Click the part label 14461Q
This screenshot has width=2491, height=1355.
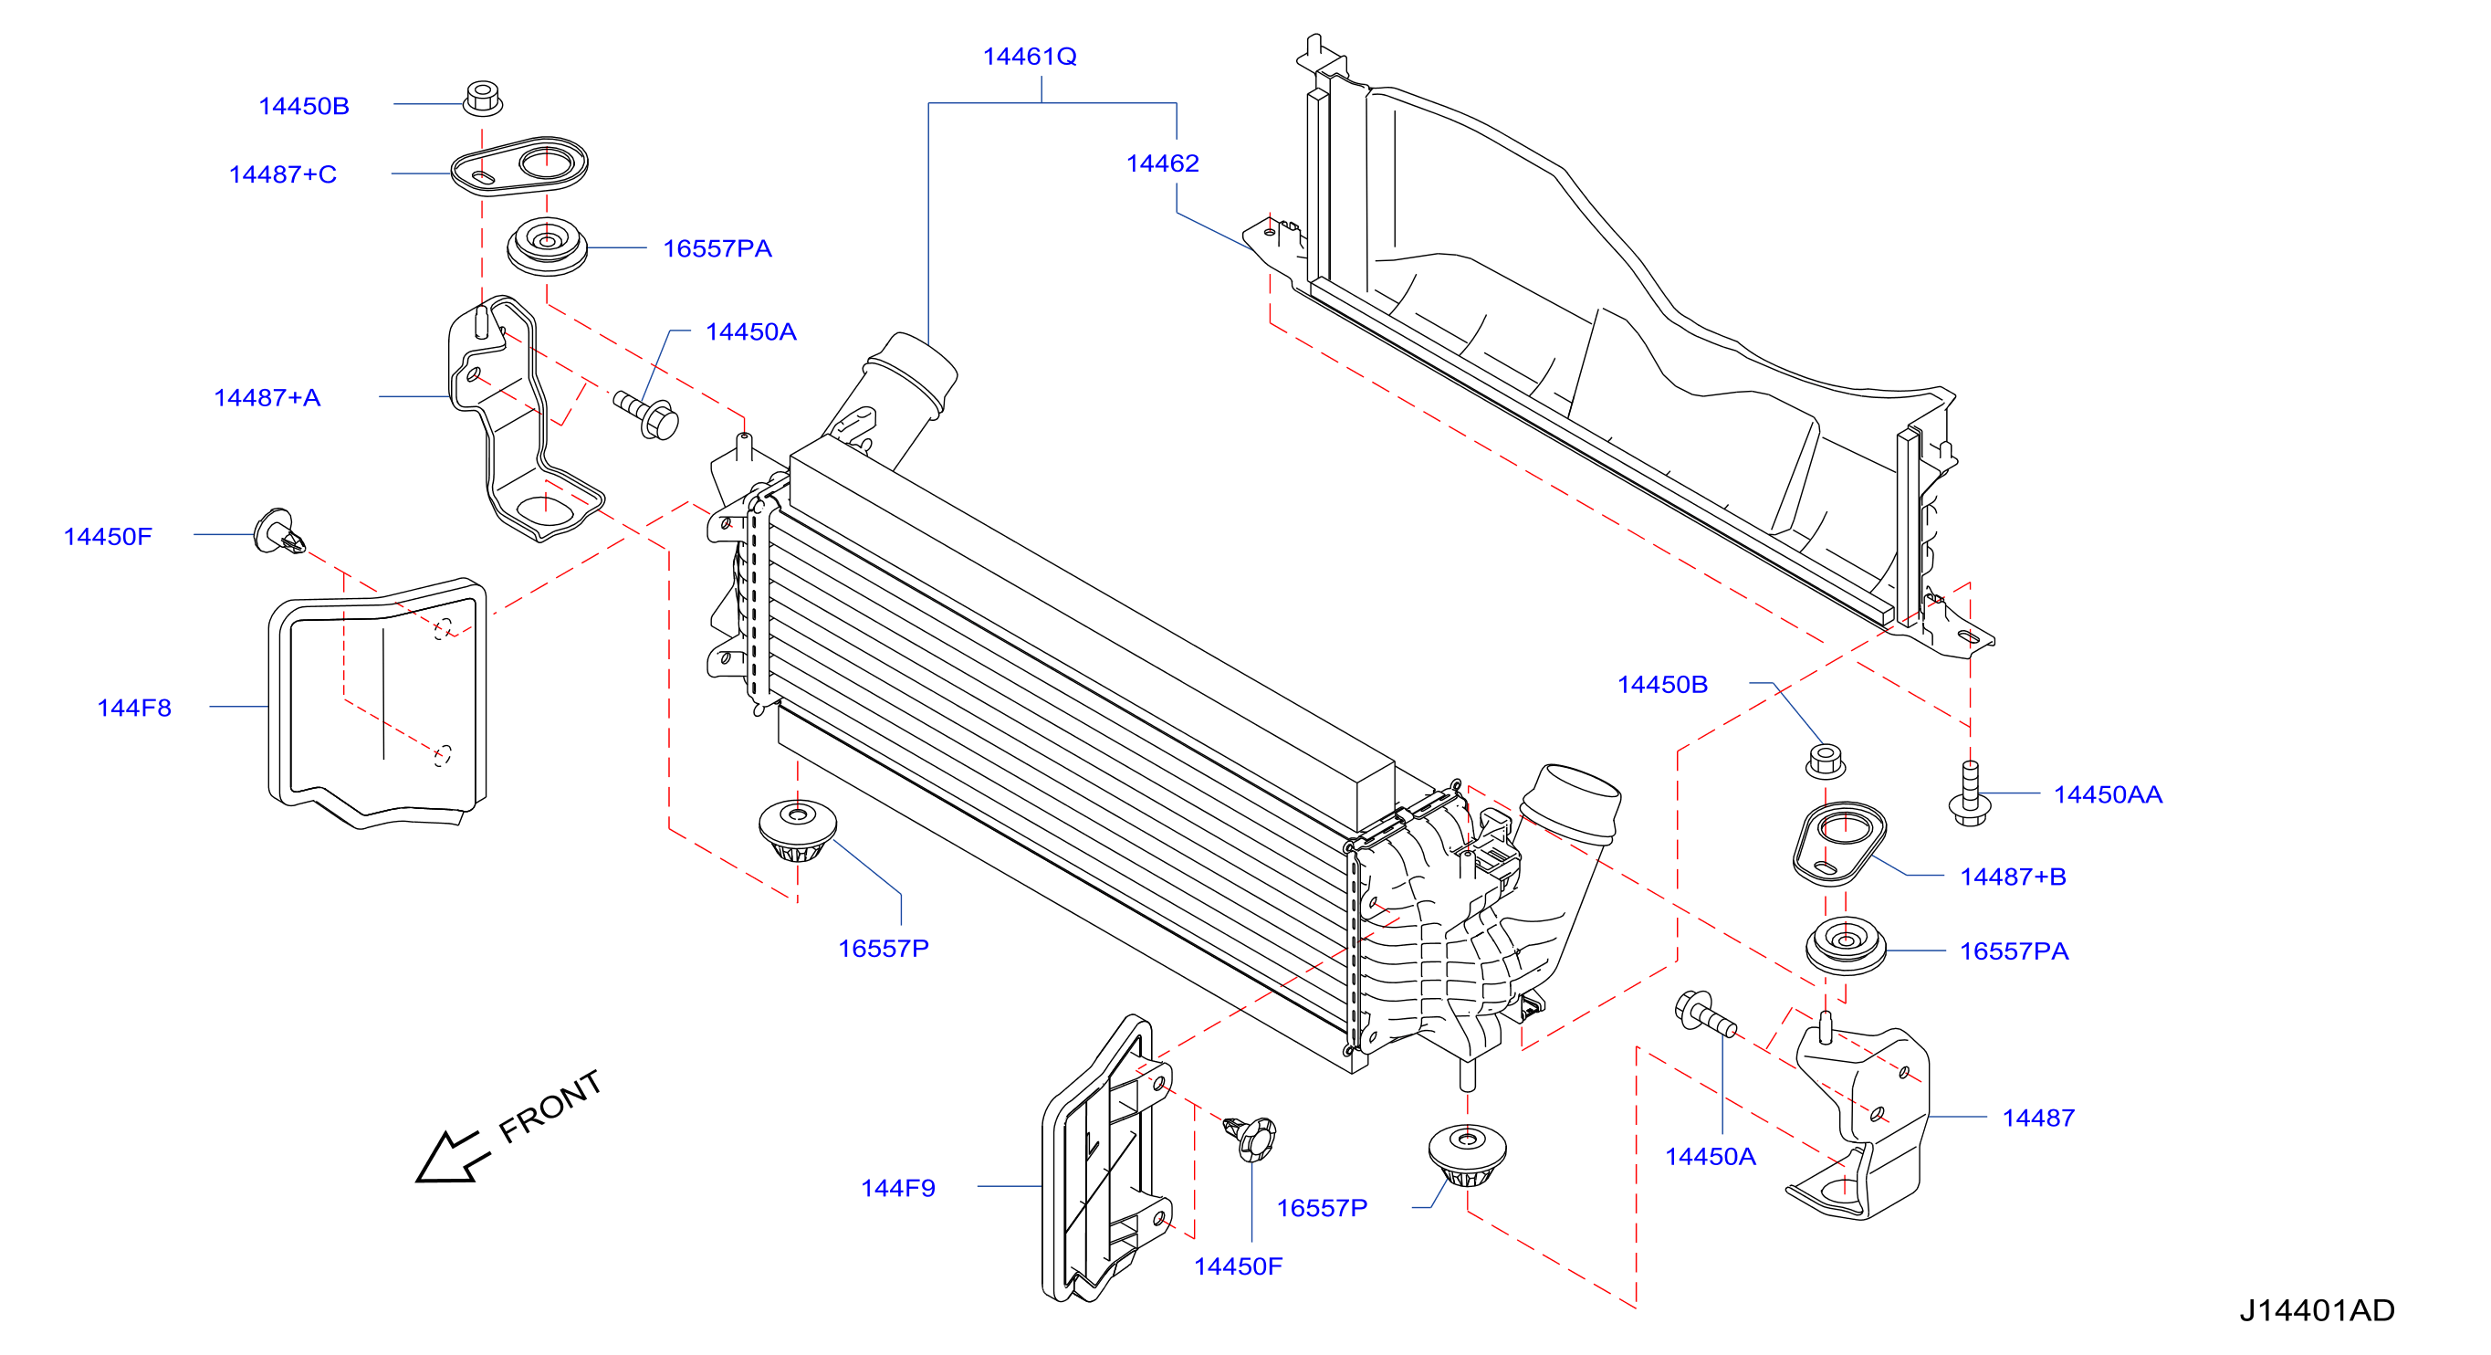tap(1029, 56)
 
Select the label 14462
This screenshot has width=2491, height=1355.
tap(1162, 163)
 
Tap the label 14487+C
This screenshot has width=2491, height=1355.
tap(282, 174)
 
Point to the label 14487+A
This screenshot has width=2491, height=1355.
tap(267, 397)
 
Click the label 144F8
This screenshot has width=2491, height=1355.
tap(134, 708)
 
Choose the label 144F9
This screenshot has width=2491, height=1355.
tap(898, 1188)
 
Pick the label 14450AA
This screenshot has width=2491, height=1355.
tap(2108, 794)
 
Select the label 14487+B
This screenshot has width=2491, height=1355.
tap(2014, 877)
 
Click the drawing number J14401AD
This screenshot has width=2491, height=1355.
tap(2317, 1310)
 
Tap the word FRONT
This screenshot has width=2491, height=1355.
tap(550, 1107)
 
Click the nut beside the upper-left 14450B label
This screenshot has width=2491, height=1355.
tap(483, 99)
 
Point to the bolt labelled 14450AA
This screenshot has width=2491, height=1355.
tap(1969, 793)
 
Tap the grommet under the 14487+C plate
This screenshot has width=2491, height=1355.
tap(548, 245)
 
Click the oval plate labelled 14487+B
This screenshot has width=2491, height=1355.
tap(1839, 844)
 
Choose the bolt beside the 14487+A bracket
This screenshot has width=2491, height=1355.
tap(647, 414)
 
